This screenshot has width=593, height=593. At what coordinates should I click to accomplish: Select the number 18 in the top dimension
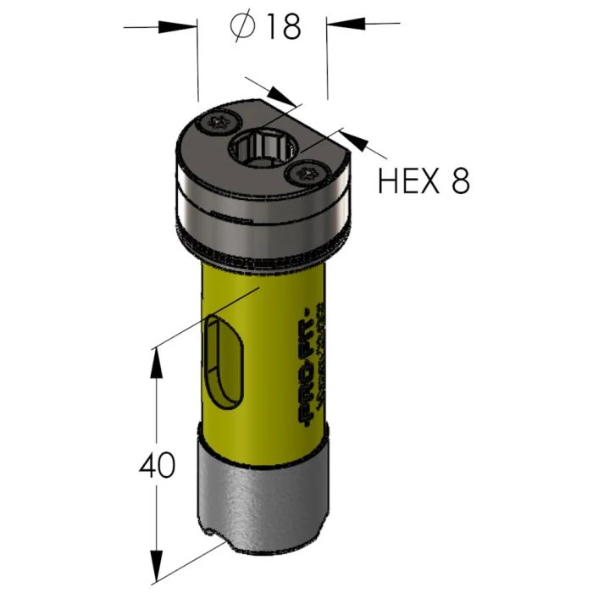(281, 27)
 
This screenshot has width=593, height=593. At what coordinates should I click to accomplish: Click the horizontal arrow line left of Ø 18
(161, 27)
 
